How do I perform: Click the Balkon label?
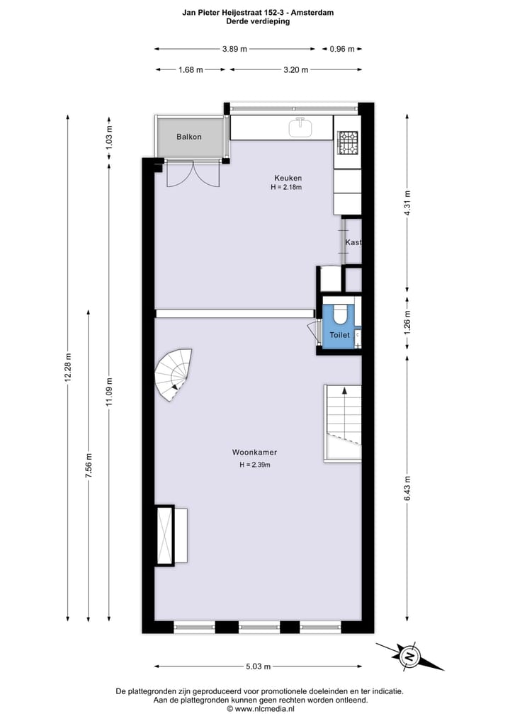189,137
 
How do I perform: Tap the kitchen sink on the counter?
301,127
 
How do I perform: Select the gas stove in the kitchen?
347,143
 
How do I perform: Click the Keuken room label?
288,178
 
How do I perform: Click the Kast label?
353,242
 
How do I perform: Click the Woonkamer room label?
254,452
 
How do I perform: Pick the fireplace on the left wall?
165,535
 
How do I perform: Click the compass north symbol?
409,657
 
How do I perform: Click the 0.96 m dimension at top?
341,49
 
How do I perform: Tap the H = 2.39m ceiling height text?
255,465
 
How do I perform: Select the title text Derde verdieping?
258,21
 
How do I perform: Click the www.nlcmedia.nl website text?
260,708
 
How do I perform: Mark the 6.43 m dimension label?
407,488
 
